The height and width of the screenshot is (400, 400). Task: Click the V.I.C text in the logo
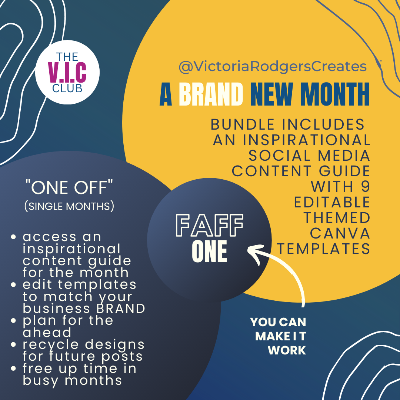(x=67, y=73)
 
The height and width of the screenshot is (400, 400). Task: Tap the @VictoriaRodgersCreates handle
(x=273, y=67)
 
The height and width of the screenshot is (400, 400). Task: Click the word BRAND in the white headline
(x=211, y=94)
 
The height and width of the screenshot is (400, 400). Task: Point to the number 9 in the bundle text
(x=365, y=186)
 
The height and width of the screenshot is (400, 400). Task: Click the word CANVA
(x=340, y=233)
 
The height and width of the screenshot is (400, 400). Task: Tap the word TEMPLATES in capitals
(x=323, y=249)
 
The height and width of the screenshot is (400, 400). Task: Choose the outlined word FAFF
(x=209, y=225)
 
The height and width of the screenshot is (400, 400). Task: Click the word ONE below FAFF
(x=209, y=251)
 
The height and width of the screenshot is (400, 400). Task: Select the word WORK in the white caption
(x=287, y=350)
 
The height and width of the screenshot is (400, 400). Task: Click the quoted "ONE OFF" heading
(x=69, y=187)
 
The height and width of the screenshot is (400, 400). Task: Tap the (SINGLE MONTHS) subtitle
(x=69, y=206)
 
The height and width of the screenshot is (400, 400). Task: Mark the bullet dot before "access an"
(x=14, y=237)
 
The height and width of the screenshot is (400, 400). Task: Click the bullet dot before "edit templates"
(x=14, y=284)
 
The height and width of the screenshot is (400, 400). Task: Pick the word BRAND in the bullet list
(x=121, y=309)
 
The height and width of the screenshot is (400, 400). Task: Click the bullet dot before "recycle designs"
(x=14, y=344)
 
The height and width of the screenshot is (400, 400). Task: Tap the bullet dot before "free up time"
(x=14, y=369)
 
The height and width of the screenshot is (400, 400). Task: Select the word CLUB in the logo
(x=67, y=88)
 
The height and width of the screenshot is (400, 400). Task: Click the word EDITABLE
(x=332, y=202)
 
